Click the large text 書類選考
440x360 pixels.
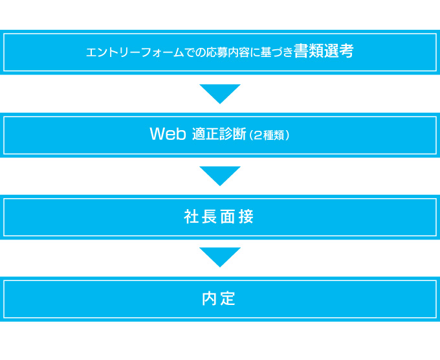pyautogui.click(x=324, y=51)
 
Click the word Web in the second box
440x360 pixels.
pyautogui.click(x=168, y=133)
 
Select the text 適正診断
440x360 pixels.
pyautogui.click(x=219, y=133)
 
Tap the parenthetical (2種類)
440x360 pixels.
pyautogui.click(x=269, y=135)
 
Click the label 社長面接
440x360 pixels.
pyautogui.click(x=219, y=216)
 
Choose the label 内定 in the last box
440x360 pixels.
pyautogui.click(x=219, y=298)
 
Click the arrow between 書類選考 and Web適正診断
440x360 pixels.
pyautogui.click(x=220, y=93)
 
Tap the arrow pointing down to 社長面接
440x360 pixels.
pyautogui.click(x=220, y=175)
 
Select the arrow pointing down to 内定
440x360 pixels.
pyautogui.click(x=220, y=256)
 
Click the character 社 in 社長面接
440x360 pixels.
pyautogui.click(x=191, y=216)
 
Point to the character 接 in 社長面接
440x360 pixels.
pyautogui.click(x=246, y=216)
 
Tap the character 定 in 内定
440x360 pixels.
pyautogui.click(x=228, y=298)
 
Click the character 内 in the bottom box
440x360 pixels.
pyautogui.click(x=210, y=298)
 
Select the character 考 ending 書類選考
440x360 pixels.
pyautogui.click(x=346, y=51)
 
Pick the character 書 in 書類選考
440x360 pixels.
pyautogui.click(x=301, y=51)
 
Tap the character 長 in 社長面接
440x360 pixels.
pyautogui.click(x=209, y=216)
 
